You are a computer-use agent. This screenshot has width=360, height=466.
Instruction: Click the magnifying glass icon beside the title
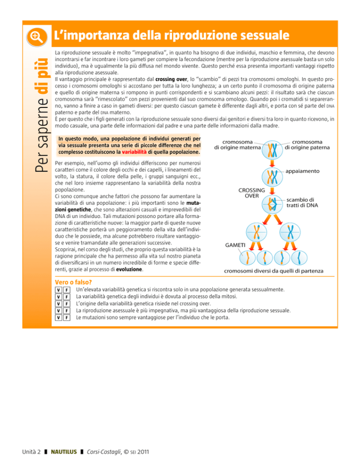[37, 36]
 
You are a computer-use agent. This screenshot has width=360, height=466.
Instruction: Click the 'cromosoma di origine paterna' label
[307, 143]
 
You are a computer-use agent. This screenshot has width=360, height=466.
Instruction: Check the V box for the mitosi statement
[58, 297]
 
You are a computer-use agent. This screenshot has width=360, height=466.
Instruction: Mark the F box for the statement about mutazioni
[67, 317]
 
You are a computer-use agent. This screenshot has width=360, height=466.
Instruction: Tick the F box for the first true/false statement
[67, 290]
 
